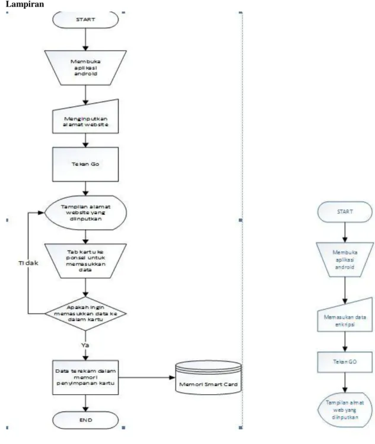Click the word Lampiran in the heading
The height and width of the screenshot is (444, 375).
pos(24,4)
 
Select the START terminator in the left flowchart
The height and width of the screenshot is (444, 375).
pos(85,20)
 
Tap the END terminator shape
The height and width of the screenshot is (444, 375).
pos(85,420)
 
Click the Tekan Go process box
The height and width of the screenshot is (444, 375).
pos(85,164)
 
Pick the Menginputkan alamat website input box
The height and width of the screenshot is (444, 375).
pos(85,117)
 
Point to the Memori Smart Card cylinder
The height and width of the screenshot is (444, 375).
pos(208,377)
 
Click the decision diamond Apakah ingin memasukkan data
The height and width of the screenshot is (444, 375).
pos(85,313)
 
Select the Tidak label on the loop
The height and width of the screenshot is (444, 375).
pos(28,263)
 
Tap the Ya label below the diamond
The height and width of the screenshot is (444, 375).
pos(85,345)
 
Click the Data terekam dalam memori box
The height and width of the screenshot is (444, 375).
pos(85,378)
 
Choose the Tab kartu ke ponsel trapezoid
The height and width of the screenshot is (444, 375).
pos(85,261)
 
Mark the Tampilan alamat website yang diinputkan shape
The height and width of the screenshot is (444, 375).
pos(85,213)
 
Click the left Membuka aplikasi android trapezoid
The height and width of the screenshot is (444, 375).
pos(85,68)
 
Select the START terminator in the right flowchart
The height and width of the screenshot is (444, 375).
pos(345,212)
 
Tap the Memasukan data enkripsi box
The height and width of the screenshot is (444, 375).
pos(345,315)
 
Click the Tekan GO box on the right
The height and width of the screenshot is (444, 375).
pos(345,362)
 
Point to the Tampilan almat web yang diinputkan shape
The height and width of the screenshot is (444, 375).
pos(345,410)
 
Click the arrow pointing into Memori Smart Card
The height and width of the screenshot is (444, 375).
pos(147,378)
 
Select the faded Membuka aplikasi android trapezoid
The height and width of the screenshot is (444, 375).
pos(345,259)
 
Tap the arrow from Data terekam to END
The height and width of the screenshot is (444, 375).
pos(85,403)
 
